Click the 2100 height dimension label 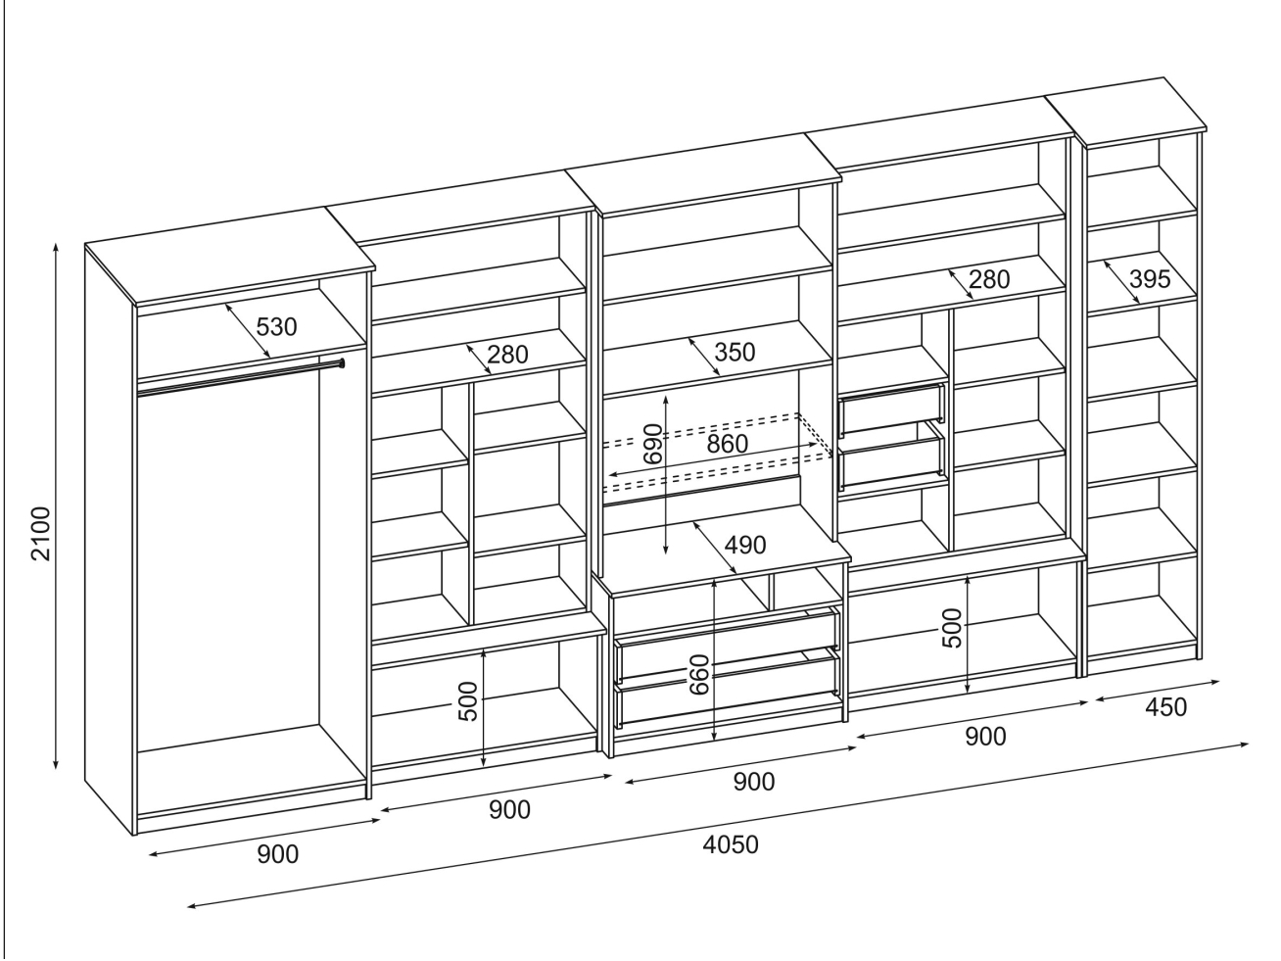(40, 534)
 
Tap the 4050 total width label (731, 843)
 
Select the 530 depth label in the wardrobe (276, 326)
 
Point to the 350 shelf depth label (735, 352)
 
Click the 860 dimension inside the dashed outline (727, 444)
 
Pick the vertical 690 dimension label (653, 444)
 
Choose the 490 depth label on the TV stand (744, 545)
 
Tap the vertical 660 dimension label (699, 674)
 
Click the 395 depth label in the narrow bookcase (1149, 279)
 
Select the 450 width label (1165, 706)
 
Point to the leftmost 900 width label (278, 854)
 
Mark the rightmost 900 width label (984, 737)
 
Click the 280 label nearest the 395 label (989, 279)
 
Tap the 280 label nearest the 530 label (507, 354)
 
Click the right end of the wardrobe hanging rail (341, 363)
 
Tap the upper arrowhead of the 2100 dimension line (57, 245)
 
